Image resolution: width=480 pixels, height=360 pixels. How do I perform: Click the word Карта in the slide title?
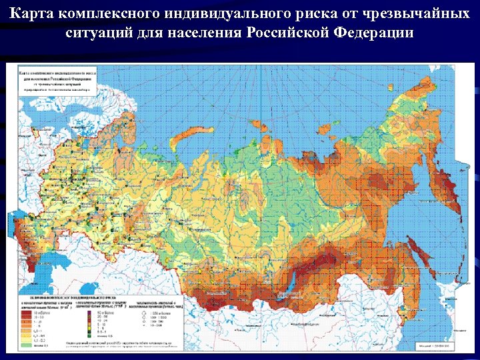pyautogui.click(x=34, y=14)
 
